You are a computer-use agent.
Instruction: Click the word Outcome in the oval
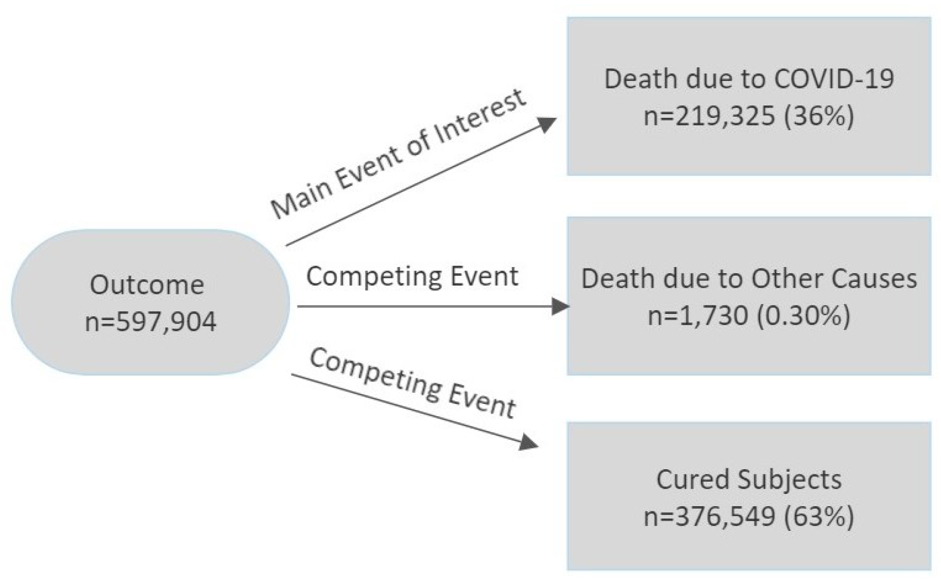coord(147,285)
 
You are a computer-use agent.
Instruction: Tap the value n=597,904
coord(150,322)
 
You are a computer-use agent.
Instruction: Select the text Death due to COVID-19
coord(748,79)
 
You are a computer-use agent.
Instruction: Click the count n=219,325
coord(709,116)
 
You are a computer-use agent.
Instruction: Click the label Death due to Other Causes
coord(748,278)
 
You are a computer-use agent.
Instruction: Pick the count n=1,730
coord(697,315)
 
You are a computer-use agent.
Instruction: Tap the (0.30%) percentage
coord(803,315)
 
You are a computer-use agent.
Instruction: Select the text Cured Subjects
coord(748,479)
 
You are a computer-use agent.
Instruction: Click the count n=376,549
coord(709,516)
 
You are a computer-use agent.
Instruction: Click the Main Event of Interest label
coord(398,154)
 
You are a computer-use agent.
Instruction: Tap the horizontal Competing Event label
coord(412,276)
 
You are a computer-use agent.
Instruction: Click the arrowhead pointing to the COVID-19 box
coord(547,125)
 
